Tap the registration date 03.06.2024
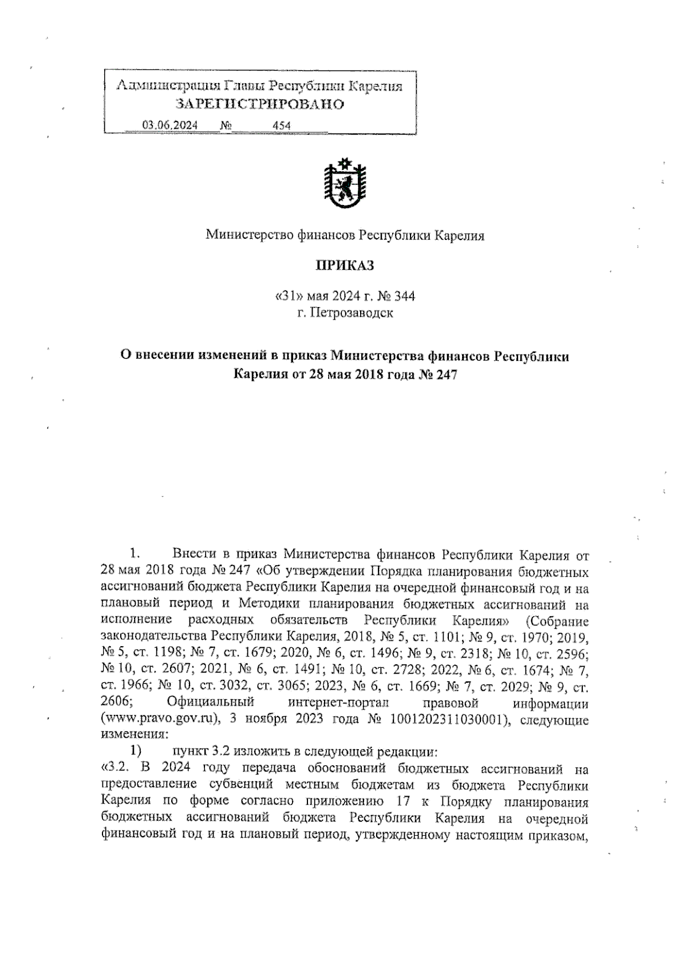coord(170,125)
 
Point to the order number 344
coord(405,296)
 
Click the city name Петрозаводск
coord(351,313)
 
